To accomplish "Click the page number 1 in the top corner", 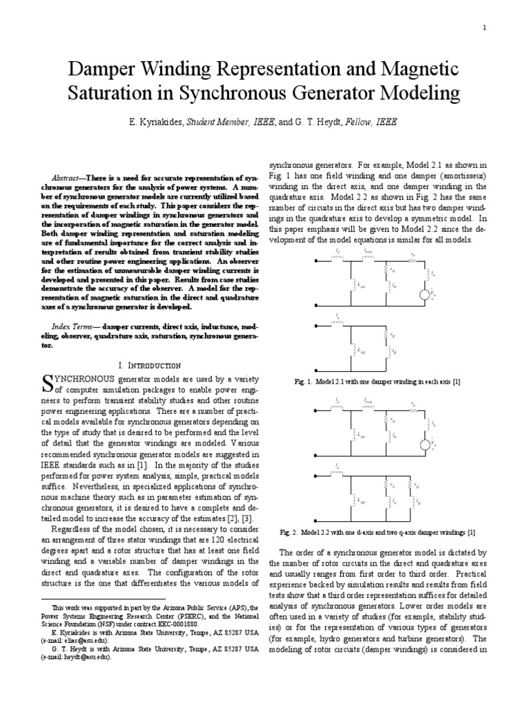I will [x=485, y=27].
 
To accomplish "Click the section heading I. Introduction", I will [x=149, y=365].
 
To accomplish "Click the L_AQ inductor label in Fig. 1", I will [x=363, y=349].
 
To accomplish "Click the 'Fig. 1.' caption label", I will [x=302, y=382].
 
